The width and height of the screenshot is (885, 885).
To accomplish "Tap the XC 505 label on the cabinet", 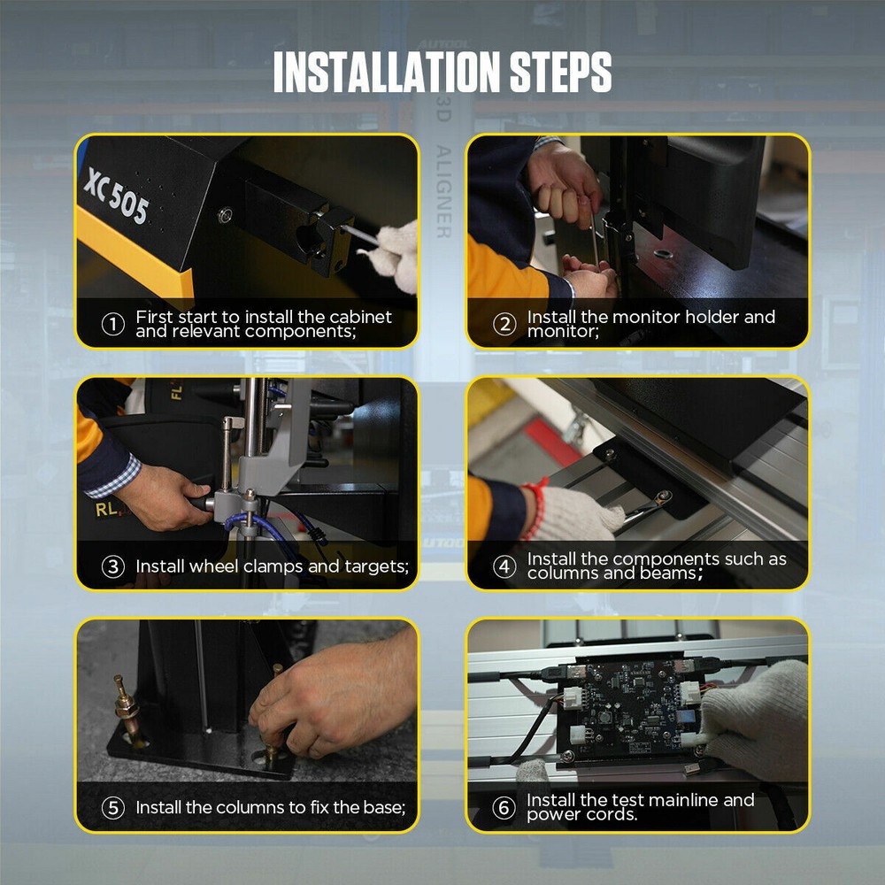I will click(116, 197).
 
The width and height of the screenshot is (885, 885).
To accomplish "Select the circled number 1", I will click(112, 325).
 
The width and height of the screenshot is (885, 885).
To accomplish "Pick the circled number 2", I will click(504, 325).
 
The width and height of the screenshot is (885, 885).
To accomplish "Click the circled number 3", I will click(112, 567).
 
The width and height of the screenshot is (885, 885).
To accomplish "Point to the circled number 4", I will click(504, 567).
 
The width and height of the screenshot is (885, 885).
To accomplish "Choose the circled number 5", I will click(112, 808).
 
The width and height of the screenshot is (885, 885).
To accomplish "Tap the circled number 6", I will click(504, 808).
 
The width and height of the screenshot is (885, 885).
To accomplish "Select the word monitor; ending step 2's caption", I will click(563, 332).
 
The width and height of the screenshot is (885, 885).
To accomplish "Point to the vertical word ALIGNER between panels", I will click(443, 191).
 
